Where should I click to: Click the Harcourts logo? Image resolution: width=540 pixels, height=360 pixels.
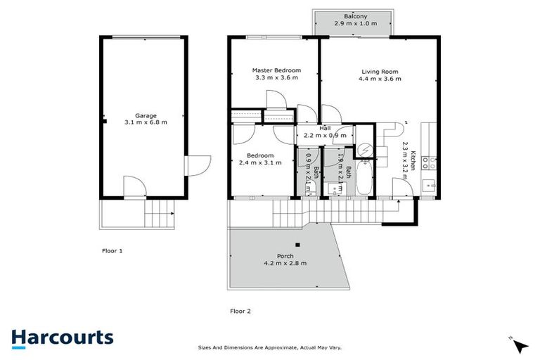(x=62, y=337)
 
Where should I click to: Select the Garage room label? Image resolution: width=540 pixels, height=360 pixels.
(x=146, y=115)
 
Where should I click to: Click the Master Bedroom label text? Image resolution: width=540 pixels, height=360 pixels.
(x=276, y=70)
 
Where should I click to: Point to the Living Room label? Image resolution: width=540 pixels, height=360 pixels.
(x=380, y=71)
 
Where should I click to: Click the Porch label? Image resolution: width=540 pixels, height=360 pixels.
(x=285, y=256)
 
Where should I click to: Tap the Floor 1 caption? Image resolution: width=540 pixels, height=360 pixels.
(x=113, y=250)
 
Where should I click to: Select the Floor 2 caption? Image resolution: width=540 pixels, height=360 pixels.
(x=240, y=310)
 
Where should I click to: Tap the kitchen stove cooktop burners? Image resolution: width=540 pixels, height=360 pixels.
(x=428, y=163)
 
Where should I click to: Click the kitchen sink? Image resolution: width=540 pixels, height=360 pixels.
(x=428, y=184)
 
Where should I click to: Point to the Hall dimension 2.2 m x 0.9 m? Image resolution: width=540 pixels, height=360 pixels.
(x=324, y=135)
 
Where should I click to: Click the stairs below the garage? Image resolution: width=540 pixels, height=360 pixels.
(x=159, y=212)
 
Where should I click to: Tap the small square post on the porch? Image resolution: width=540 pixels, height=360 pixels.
(x=298, y=245)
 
